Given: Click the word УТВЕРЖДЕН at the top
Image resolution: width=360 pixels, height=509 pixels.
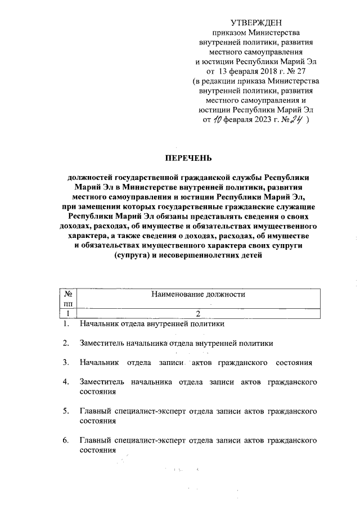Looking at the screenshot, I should (252, 22).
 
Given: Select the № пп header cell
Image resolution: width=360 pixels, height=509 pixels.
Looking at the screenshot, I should (67, 299).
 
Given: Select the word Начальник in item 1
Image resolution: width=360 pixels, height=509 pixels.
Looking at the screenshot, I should (98, 324).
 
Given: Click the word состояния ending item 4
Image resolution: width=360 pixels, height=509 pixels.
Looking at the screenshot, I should (98, 392).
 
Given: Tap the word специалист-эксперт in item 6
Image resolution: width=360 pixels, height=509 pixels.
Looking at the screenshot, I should (147, 440).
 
